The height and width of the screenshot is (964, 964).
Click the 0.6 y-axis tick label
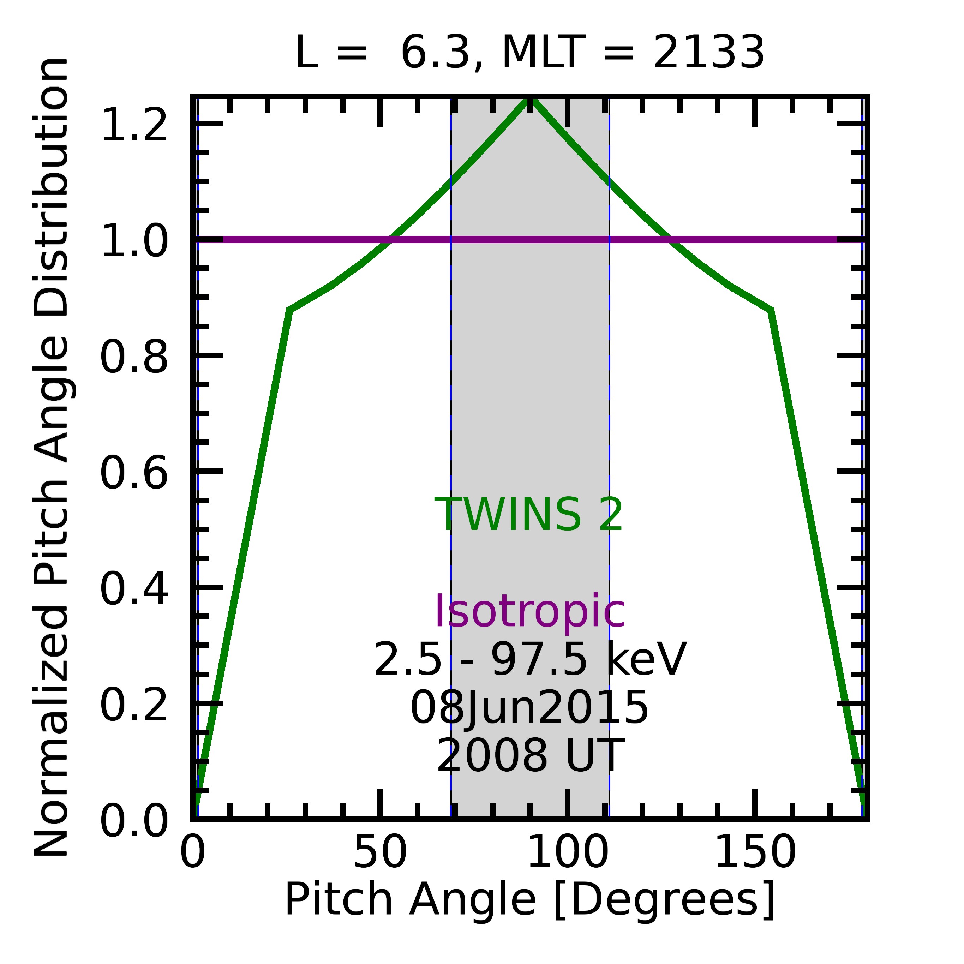(134, 473)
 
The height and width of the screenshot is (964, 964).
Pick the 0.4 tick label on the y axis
(134, 589)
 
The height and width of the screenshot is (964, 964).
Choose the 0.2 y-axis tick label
(134, 705)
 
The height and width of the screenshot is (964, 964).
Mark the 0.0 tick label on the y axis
(134, 820)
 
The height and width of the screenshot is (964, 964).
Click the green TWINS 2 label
(529, 515)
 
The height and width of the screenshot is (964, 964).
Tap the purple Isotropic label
(529, 612)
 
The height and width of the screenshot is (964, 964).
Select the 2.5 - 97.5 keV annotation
(530, 660)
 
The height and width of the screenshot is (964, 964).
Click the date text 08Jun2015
(529, 707)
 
